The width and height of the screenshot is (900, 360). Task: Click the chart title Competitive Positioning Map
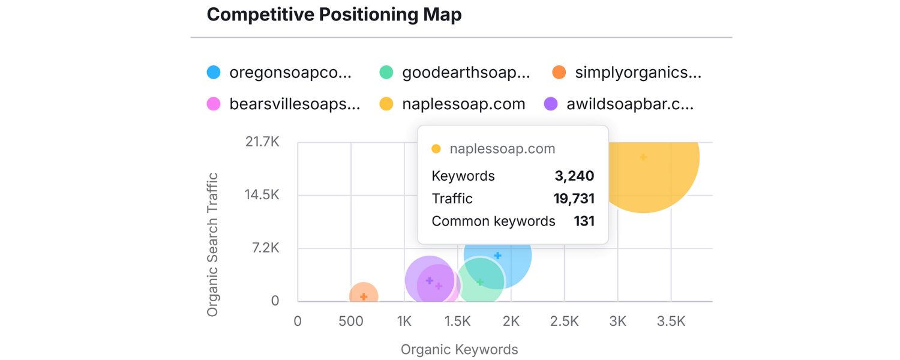(334, 14)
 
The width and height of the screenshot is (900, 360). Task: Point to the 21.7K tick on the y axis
(262, 142)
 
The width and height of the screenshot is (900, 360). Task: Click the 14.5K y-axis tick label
(262, 195)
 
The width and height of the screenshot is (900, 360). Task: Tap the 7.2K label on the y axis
(265, 248)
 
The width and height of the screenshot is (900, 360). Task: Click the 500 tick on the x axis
(351, 321)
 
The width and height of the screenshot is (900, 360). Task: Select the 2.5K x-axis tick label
(564, 321)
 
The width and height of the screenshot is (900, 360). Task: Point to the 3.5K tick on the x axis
(671, 321)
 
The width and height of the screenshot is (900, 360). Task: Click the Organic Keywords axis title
(459, 349)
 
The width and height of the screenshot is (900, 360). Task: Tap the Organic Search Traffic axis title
(212, 245)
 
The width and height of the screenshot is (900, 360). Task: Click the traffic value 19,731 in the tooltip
(574, 199)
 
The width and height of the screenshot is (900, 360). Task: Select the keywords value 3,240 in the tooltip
(574, 176)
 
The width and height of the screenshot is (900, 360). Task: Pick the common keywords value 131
(584, 221)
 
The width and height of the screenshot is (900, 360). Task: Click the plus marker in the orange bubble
(364, 297)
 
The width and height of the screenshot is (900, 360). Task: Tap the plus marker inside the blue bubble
(497, 256)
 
